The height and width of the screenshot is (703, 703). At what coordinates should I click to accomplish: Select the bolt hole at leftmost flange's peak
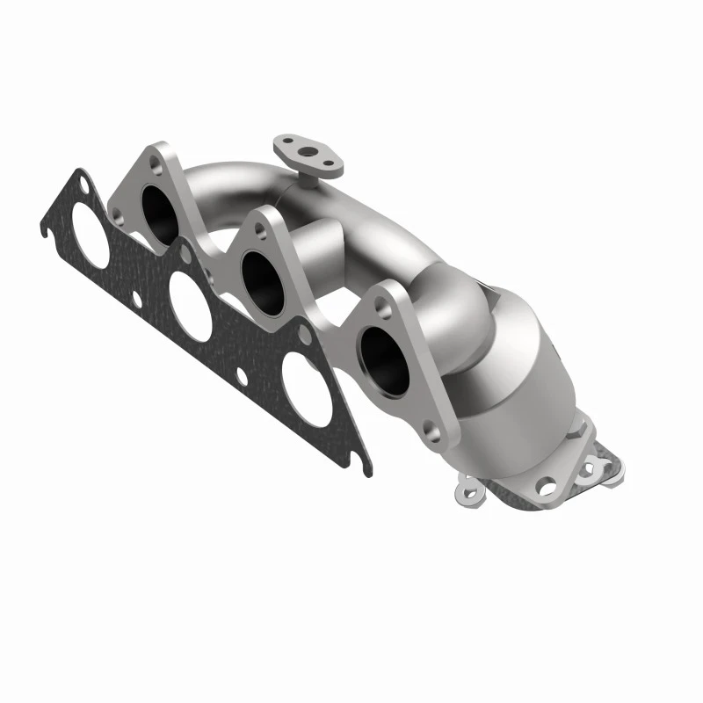pyautogui.click(x=156, y=161)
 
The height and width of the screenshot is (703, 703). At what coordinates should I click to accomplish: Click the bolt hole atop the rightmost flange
pyautogui.click(x=380, y=304)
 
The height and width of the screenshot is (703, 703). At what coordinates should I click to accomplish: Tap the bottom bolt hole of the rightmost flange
pyautogui.click(x=430, y=429)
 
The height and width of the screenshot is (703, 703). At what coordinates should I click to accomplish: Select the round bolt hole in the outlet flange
pyautogui.click(x=547, y=483)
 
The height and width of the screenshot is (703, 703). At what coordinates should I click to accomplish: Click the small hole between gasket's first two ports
pyautogui.click(x=137, y=298)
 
